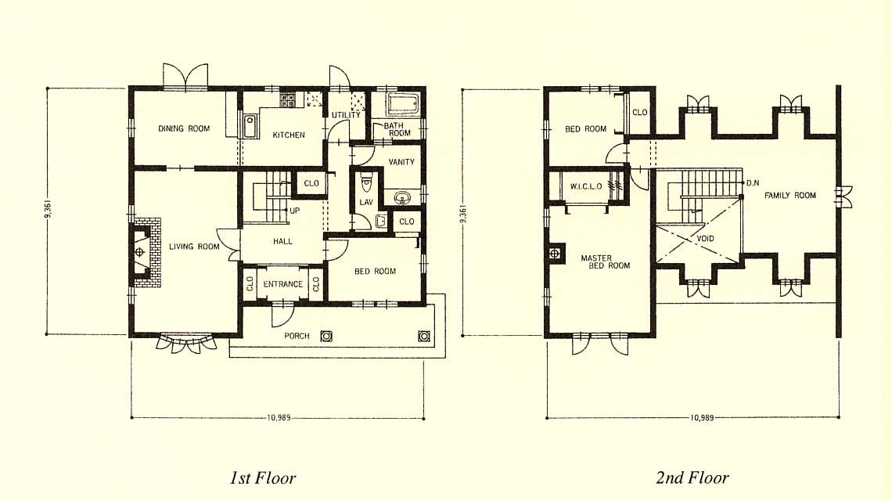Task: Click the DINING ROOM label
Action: click(184, 128)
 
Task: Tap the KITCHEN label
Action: click(289, 135)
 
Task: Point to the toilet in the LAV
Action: click(366, 183)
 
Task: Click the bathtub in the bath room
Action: click(403, 104)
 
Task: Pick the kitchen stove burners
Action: click(288, 100)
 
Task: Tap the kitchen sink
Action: click(250, 126)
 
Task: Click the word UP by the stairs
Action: click(295, 211)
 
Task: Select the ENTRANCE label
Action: click(282, 284)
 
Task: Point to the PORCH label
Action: click(297, 336)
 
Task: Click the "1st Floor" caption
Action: click(263, 477)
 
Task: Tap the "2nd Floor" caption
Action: click(692, 477)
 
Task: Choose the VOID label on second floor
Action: click(705, 239)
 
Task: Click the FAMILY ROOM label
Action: click(790, 195)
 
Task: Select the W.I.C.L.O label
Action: click(586, 187)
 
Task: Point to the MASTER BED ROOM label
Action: click(606, 262)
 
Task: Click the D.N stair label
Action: click(753, 183)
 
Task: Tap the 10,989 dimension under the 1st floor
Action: click(279, 417)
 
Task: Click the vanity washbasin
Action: click(403, 197)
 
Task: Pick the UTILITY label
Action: click(346, 115)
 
